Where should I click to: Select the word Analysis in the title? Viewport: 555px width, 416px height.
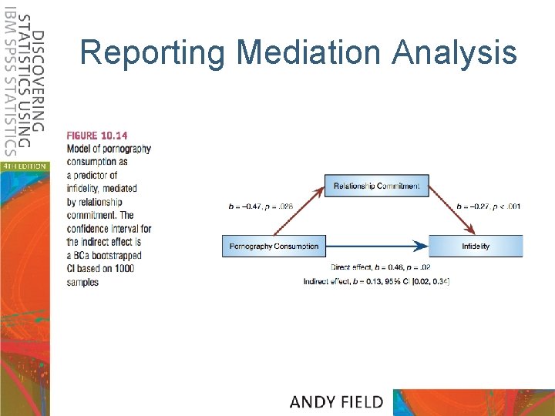(x=455, y=53)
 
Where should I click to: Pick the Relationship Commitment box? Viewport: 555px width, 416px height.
(x=378, y=186)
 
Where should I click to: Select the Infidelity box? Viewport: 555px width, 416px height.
(x=476, y=247)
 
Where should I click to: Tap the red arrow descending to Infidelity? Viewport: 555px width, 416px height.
(x=452, y=210)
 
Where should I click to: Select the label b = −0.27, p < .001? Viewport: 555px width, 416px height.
(x=489, y=206)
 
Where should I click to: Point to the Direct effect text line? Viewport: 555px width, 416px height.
(x=378, y=267)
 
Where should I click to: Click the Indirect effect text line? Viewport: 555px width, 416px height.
(x=378, y=281)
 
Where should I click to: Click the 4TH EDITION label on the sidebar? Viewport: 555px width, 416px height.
(x=25, y=166)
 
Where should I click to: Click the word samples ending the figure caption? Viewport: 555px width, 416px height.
(x=82, y=283)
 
